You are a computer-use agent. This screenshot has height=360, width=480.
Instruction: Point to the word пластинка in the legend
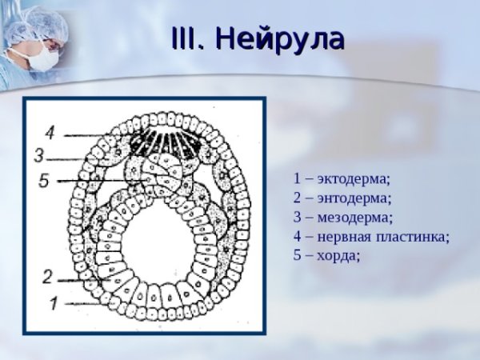click(414, 236)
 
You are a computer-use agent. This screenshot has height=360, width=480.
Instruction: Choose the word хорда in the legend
click(338, 255)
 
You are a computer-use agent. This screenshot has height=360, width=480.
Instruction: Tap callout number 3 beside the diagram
click(38, 154)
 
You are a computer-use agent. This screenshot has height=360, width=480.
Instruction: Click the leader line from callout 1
click(88, 303)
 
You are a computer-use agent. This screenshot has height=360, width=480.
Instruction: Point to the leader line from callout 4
click(88, 133)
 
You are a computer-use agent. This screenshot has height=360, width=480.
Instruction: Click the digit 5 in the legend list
click(298, 255)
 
